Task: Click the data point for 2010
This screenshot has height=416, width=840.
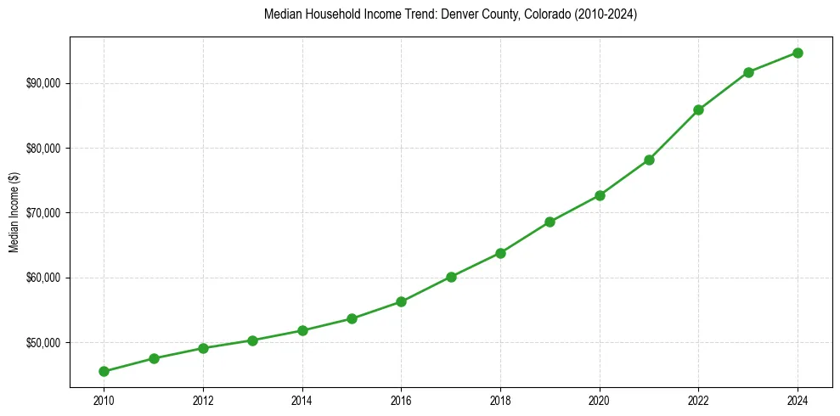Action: tap(104, 371)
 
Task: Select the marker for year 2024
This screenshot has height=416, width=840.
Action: tap(798, 53)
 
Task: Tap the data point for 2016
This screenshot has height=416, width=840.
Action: tap(401, 301)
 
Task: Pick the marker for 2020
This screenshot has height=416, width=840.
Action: tap(600, 195)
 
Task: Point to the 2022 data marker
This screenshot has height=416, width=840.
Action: tap(698, 110)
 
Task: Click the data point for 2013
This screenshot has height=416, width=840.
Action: tap(252, 340)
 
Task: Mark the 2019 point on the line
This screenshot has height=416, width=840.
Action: tap(550, 222)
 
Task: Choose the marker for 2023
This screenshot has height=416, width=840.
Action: tap(748, 72)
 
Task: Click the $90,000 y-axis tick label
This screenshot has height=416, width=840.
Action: tap(42, 83)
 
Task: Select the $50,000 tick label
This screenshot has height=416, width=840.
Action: tap(42, 342)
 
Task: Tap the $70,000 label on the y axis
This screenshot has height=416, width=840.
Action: tap(42, 212)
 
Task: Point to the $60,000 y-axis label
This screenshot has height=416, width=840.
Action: tap(42, 278)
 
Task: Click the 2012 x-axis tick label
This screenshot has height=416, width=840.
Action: tap(203, 400)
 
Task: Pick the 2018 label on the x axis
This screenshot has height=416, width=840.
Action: tap(500, 400)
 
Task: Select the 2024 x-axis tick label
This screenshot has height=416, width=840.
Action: tap(798, 400)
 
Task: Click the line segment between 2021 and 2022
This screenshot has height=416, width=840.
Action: tap(674, 135)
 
